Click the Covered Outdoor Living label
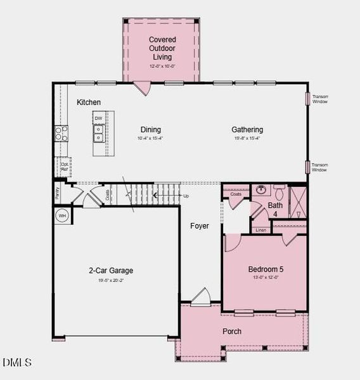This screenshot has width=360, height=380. (162, 47)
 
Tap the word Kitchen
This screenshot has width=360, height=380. (89, 102)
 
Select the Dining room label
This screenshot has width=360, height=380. (150, 130)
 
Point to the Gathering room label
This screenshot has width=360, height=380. (247, 130)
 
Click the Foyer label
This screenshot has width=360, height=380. (198, 226)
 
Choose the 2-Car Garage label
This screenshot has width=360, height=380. (111, 270)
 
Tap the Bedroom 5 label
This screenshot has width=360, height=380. (266, 269)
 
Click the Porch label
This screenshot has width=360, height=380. (232, 331)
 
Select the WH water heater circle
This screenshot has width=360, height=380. (62, 216)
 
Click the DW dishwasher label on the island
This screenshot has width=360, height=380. (98, 118)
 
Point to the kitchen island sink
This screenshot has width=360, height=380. (98, 133)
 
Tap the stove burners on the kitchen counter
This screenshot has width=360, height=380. (61, 133)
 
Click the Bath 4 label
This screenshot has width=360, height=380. (275, 210)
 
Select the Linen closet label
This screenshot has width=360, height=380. (261, 230)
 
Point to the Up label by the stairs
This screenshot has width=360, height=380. (186, 196)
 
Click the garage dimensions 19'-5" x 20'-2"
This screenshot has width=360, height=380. (111, 280)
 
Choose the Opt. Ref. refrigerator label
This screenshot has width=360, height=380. (65, 167)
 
